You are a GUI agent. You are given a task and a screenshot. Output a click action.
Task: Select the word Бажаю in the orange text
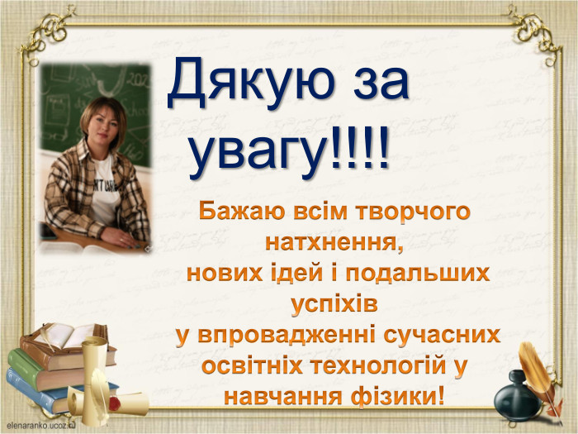243,212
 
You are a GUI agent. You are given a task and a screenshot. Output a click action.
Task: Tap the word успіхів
334,304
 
